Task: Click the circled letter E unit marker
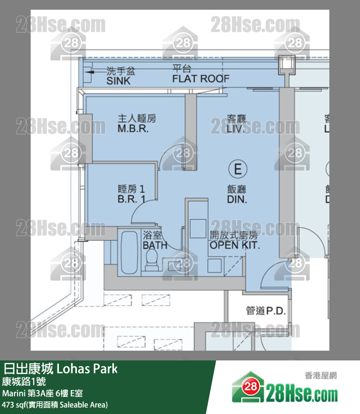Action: click(237, 169)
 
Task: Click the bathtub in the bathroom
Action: click(129, 252)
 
